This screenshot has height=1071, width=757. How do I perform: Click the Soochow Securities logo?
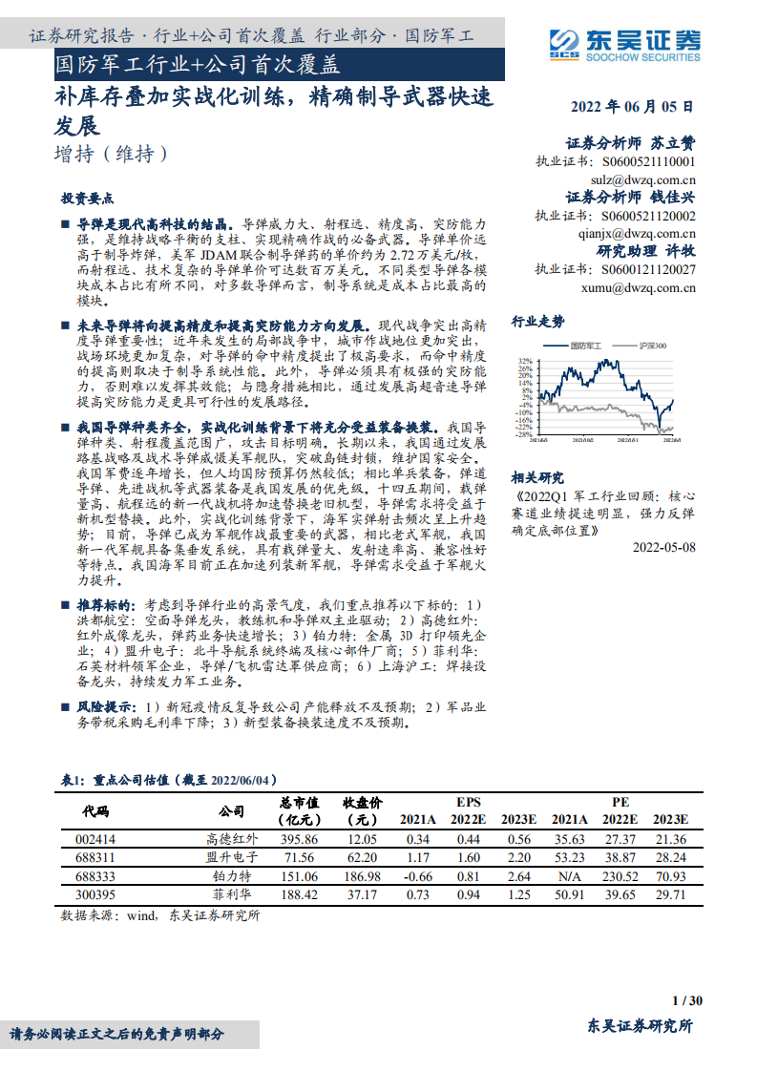pos(624,43)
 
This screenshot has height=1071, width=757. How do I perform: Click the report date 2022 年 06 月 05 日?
pos(632,108)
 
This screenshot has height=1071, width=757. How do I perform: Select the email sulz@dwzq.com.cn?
pos(643,178)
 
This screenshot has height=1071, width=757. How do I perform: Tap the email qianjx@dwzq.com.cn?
pos(637,233)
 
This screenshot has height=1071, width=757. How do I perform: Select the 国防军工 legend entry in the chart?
pos(577,346)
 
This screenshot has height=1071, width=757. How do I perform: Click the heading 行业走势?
pos(538,321)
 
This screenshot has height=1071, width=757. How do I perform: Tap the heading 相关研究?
pos(538,477)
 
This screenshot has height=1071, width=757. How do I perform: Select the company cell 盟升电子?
pos(232,858)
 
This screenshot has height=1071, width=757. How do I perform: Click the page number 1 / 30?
pos(687,1000)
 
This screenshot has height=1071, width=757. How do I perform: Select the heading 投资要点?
pos(88,199)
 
